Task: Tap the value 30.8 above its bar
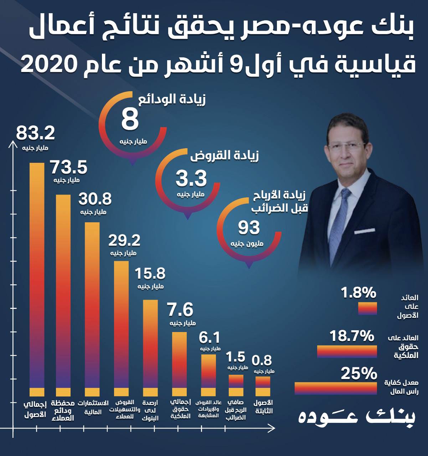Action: tap(95, 199)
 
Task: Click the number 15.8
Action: tap(150, 274)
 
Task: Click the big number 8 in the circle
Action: tap(130, 120)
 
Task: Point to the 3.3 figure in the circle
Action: tap(191, 178)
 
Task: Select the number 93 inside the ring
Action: tap(249, 228)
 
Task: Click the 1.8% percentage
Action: tap(359, 293)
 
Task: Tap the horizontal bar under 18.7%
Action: tap(347, 351)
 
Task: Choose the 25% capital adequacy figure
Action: tap(359, 374)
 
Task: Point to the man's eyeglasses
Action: tap(346, 146)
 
